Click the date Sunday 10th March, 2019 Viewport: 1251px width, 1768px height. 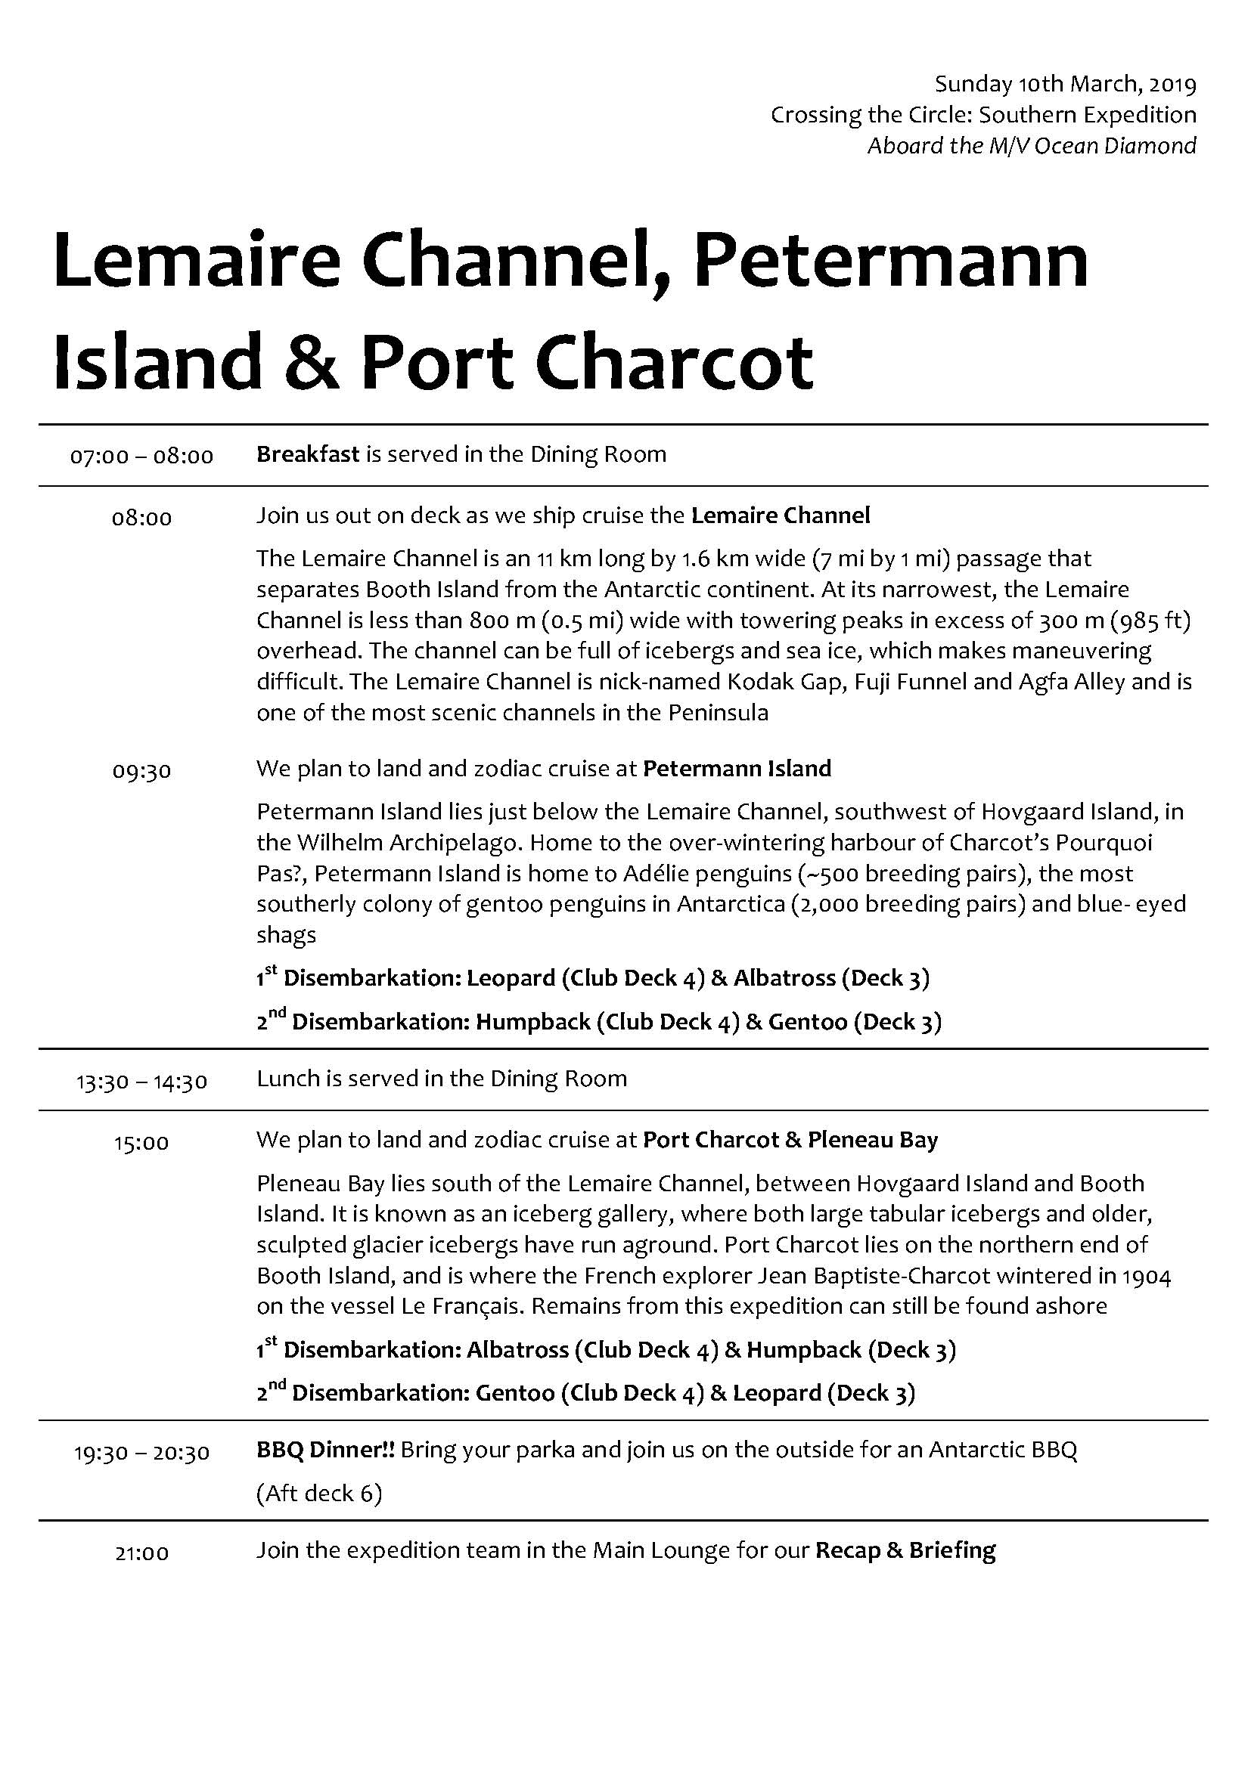pyautogui.click(x=1066, y=84)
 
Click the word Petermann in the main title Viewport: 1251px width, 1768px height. pyautogui.click(x=890, y=259)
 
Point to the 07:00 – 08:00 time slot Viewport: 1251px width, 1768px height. pyautogui.click(x=141, y=457)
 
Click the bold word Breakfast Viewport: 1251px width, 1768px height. pyautogui.click(x=307, y=454)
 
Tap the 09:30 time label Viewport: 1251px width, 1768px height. pyautogui.click(x=141, y=771)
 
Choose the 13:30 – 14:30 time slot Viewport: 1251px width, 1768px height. pyautogui.click(x=141, y=1082)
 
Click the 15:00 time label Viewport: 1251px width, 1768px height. pyautogui.click(x=141, y=1143)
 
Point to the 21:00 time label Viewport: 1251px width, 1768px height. pyautogui.click(x=141, y=1553)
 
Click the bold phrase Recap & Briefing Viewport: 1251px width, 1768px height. pyautogui.click(x=905, y=1550)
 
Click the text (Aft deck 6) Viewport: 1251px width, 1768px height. pyautogui.click(x=319, y=1494)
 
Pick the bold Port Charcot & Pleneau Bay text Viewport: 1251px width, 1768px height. pyautogui.click(x=790, y=1140)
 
